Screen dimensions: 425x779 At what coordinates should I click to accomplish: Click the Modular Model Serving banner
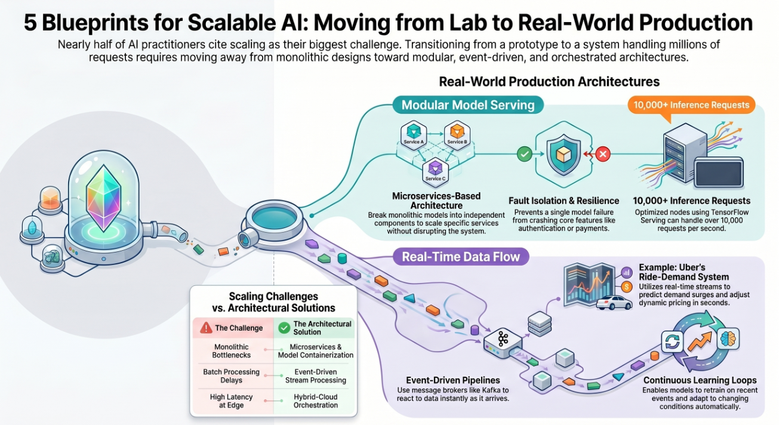click(x=468, y=106)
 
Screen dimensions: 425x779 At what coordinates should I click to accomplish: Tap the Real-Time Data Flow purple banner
click(x=460, y=257)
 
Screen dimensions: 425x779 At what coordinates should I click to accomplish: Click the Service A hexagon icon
click(x=414, y=134)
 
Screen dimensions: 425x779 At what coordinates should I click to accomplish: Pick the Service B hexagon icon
click(x=456, y=134)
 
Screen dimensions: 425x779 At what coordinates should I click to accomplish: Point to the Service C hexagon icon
click(x=434, y=170)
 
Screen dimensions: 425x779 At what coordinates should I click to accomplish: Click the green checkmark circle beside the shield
click(x=524, y=155)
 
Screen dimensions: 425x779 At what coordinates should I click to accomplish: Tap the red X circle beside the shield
click(x=603, y=155)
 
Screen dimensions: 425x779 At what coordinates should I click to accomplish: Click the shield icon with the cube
click(x=564, y=155)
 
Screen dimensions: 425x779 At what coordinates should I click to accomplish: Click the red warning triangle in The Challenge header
click(x=207, y=328)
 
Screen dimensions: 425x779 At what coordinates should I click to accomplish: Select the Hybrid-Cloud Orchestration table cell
click(x=315, y=401)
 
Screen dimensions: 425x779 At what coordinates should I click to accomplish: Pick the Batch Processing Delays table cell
click(x=231, y=376)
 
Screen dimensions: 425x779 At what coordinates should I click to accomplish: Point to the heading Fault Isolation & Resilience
click(x=564, y=201)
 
